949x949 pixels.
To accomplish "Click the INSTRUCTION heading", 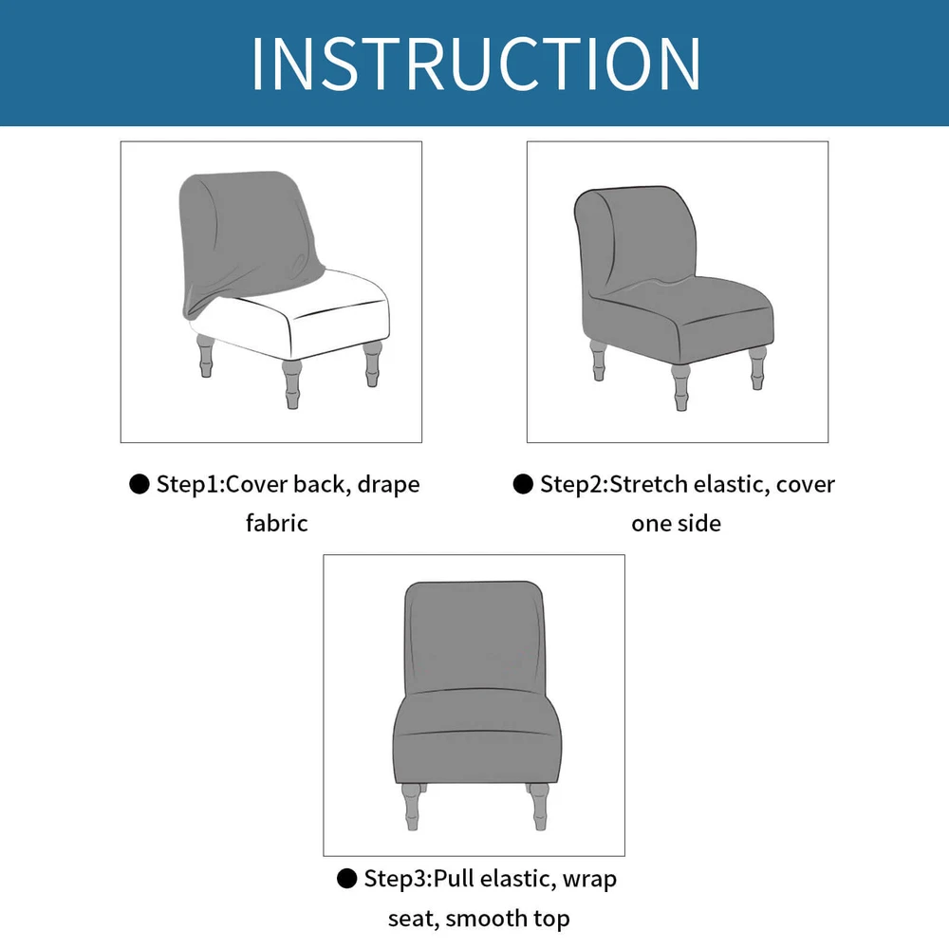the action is coord(475,63).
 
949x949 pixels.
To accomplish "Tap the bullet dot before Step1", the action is coord(140,484).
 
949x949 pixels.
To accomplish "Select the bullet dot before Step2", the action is coord(523,484).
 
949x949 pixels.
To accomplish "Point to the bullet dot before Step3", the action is coord(346,878).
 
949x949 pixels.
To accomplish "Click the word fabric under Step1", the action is coord(276,523).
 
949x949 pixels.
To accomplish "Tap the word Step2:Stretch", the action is coord(614,484).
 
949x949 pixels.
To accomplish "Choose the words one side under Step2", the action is coord(676,524).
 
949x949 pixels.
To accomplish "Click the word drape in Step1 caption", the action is coord(388,485).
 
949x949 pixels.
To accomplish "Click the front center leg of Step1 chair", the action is coord(292,383).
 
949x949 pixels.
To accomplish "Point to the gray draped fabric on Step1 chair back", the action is coord(248,239).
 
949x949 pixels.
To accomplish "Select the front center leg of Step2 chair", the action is coord(680,387).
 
